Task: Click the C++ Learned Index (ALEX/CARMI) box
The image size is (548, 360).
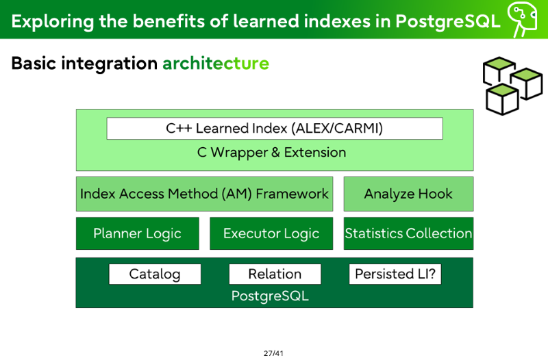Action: [275, 129]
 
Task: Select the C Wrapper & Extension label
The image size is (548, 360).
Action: [271, 153]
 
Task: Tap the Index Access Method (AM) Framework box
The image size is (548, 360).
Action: [204, 194]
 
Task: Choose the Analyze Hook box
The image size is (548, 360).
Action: [408, 194]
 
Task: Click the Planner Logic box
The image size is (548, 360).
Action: [138, 233]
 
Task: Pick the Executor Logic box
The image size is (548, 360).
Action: [271, 233]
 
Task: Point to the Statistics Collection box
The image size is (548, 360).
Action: [408, 233]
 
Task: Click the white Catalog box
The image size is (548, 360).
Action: [155, 274]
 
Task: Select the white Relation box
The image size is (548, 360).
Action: [275, 274]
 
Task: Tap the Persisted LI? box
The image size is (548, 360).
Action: [395, 274]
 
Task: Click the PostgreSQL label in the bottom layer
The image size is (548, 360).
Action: [270, 296]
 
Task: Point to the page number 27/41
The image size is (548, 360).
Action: [273, 353]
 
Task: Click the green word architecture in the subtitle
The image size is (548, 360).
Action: [216, 64]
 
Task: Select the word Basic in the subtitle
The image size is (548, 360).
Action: [34, 64]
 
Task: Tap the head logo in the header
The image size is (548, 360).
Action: [522, 19]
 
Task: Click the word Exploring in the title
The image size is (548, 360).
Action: [53, 22]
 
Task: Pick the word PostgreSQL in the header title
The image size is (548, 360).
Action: [448, 22]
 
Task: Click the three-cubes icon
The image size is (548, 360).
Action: [512, 86]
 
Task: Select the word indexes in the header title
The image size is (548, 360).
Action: [337, 21]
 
